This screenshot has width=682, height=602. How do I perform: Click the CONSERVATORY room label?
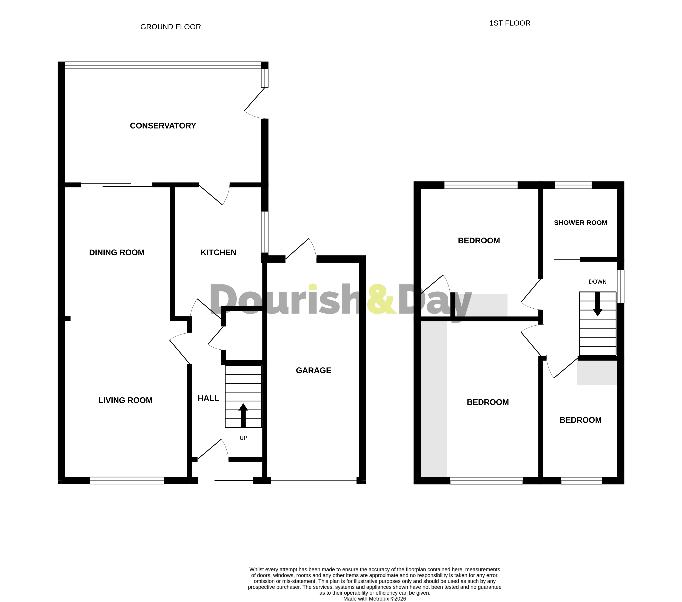(163, 126)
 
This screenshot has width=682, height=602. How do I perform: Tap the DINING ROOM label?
(117, 253)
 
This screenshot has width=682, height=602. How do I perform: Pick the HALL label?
(208, 398)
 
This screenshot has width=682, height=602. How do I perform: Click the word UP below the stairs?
(243, 438)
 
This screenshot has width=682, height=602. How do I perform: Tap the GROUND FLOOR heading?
(170, 27)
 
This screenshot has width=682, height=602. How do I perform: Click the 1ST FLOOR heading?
(509, 23)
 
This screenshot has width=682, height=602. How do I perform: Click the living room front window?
(127, 480)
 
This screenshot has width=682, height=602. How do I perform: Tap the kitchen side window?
(265, 232)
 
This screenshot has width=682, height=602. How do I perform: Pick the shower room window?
(573, 185)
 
